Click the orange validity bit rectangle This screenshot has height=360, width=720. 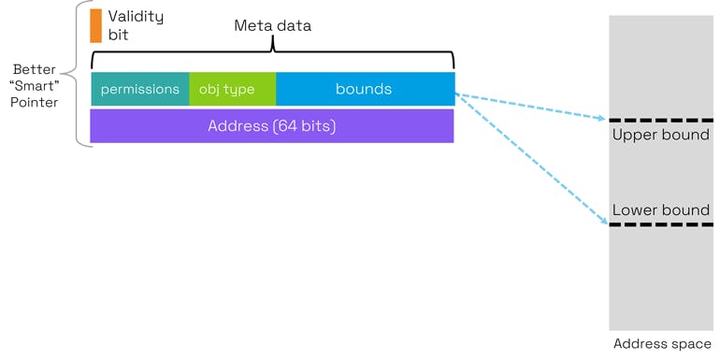pyautogui.click(x=95, y=25)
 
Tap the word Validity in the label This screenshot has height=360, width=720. pyautogui.click(x=136, y=16)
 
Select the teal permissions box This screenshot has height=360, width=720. pyautogui.click(x=140, y=90)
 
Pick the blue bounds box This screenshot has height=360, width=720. pyautogui.click(x=365, y=90)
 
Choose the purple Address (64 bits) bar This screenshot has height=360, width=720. pyautogui.click(x=271, y=125)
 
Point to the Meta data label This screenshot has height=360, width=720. pyautogui.click(x=272, y=25)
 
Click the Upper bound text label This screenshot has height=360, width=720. pyautogui.click(x=660, y=135)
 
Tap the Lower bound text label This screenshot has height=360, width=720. pyautogui.click(x=660, y=210)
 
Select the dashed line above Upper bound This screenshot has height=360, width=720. pyautogui.click(x=660, y=120)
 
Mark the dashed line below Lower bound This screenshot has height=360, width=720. pyautogui.click(x=660, y=224)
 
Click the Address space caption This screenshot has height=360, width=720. pyautogui.click(x=661, y=344)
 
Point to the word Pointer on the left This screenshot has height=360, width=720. pyautogui.click(x=35, y=103)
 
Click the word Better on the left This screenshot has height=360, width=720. pyautogui.click(x=35, y=70)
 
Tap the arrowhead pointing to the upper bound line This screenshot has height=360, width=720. pyautogui.click(x=601, y=118)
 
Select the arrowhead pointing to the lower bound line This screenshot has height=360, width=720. pyautogui.click(x=602, y=222)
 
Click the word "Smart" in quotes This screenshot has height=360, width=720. pyautogui.click(x=35, y=86)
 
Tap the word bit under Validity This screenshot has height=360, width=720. pyautogui.click(x=118, y=35)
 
